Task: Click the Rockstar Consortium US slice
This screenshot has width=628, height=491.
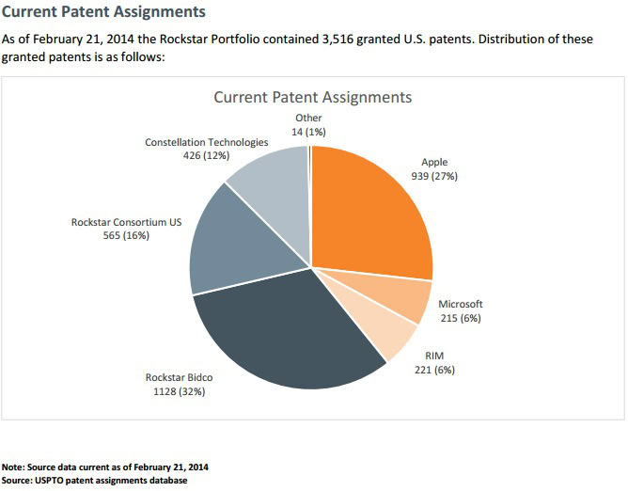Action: pos(230,245)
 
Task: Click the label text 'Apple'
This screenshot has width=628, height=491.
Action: pos(434,162)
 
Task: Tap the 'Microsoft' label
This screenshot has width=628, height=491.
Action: pos(460,305)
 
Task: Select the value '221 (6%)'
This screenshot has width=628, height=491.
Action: pos(434,370)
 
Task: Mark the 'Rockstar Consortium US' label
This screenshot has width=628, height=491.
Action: pos(123,223)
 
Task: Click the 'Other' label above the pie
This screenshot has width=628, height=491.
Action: pos(307,119)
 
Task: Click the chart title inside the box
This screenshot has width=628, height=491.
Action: pos(312,97)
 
